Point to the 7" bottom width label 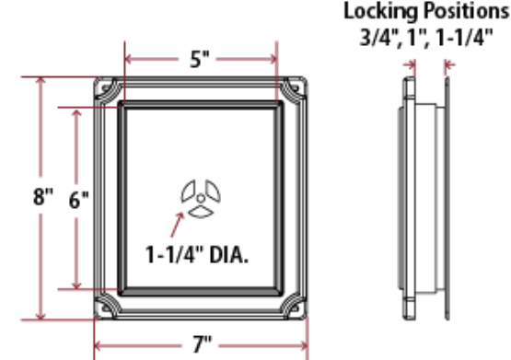(x=201, y=346)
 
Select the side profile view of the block (x=424, y=198)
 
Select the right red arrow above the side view (x=450, y=64)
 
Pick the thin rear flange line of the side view (x=447, y=198)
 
